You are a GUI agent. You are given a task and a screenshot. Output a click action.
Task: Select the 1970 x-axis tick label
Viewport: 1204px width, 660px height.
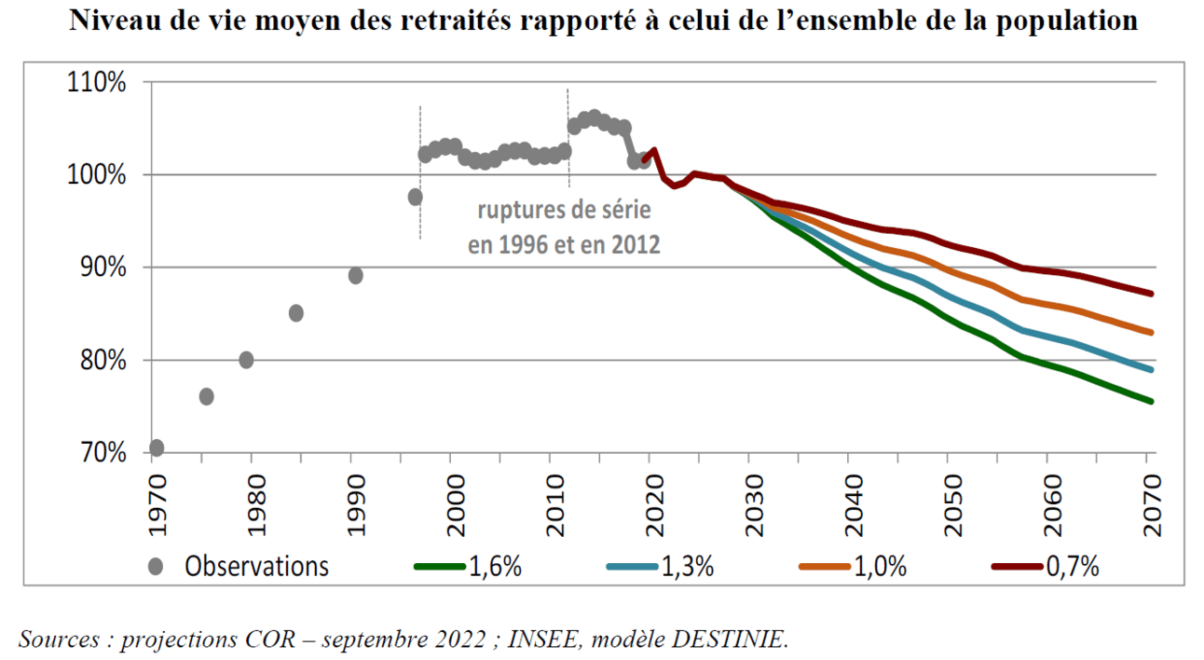coord(156,504)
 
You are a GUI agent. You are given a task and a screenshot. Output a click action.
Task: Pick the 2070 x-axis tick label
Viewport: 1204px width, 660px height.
coord(1151,504)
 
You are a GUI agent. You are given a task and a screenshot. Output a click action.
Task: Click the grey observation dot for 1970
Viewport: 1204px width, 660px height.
coord(157,447)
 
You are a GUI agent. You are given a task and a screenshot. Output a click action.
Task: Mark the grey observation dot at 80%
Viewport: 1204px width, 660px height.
coord(246,360)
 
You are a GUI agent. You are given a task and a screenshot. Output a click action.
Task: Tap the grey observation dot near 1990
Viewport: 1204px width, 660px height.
coord(355,275)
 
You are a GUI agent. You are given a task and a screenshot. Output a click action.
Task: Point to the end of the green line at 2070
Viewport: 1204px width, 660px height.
coord(1153,402)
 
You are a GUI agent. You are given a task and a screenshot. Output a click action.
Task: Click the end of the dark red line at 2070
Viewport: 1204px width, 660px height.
coord(1153,294)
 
